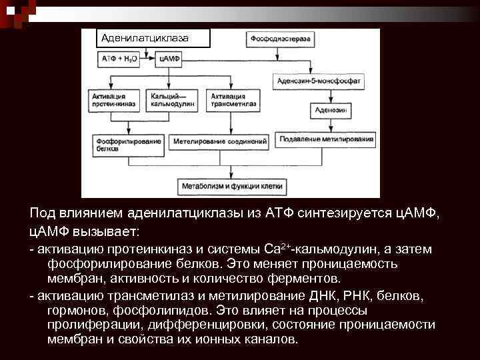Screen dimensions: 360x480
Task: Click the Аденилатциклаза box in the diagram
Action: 153,39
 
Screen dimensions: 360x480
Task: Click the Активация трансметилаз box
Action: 231,101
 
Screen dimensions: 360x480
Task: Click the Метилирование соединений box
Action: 220,141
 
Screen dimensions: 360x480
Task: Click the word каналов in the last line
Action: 273,339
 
